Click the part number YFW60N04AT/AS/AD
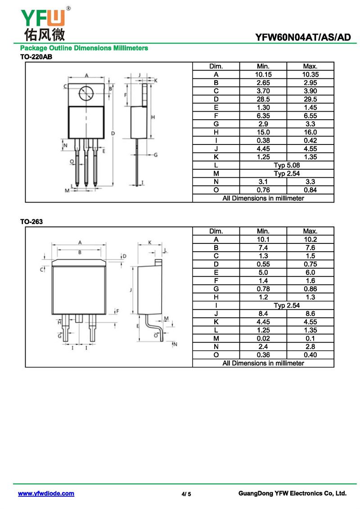point(303,37)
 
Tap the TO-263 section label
point(31,222)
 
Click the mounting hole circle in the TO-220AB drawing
point(86,94)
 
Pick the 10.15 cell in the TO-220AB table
point(263,74)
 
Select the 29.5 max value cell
point(310,99)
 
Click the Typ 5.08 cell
point(287,165)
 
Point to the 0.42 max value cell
point(310,140)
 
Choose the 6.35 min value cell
point(263,116)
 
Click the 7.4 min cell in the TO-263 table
point(263,248)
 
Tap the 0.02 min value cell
point(263,338)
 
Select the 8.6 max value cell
point(310,314)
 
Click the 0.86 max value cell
point(310,289)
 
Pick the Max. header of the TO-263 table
point(310,231)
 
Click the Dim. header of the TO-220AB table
point(216,66)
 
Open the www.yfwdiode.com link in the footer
point(46,494)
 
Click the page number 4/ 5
point(186,494)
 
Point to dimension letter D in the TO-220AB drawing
point(113,134)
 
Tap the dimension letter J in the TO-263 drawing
point(130,290)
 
